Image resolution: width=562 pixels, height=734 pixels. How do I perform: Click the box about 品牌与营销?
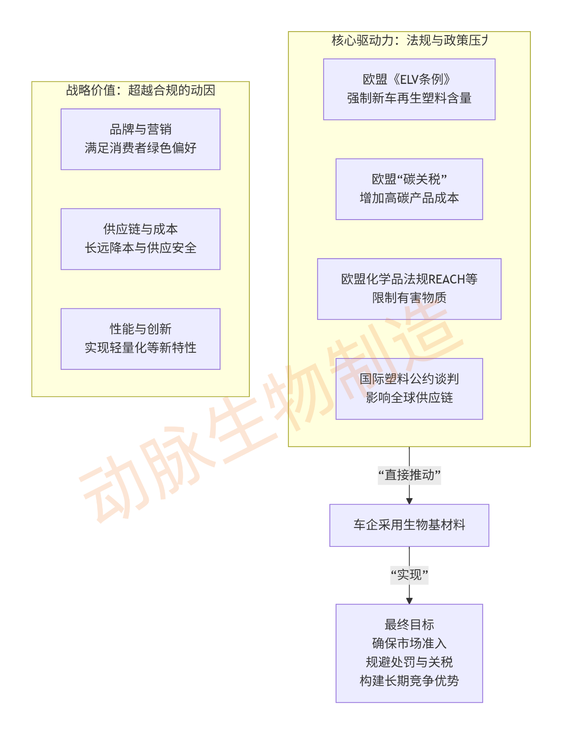point(140,139)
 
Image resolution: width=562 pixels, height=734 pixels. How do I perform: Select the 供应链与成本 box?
point(140,239)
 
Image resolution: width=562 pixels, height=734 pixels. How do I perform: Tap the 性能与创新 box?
point(140,338)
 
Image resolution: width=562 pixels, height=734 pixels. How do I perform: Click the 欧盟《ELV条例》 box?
point(409,89)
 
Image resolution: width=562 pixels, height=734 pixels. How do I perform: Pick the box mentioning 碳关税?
point(409,189)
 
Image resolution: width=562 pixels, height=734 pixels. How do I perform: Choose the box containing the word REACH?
point(409,289)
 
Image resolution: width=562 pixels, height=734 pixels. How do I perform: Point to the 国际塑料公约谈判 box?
point(409,388)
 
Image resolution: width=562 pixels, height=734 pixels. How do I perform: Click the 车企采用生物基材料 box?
point(409,525)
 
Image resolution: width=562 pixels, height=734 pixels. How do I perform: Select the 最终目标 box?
point(409,653)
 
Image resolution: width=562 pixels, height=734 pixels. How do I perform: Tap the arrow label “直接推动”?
point(409,475)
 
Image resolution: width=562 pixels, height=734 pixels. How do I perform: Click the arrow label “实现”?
point(409,575)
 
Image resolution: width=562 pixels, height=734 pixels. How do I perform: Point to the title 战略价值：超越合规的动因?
point(140,90)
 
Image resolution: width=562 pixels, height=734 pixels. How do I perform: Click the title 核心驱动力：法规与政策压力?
point(409,40)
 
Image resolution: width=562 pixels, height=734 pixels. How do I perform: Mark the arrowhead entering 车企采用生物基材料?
point(409,501)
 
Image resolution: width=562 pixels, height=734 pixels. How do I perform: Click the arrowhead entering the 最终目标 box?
point(409,601)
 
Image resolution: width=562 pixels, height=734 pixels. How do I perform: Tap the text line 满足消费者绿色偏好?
point(140,148)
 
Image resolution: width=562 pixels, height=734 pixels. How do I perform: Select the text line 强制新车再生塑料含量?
point(409,98)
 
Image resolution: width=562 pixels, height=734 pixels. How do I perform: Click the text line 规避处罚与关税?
point(409,662)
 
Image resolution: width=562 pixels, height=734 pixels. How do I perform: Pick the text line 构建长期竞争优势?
point(409,681)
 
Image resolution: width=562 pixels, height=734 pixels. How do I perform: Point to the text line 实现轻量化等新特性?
point(140,348)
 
